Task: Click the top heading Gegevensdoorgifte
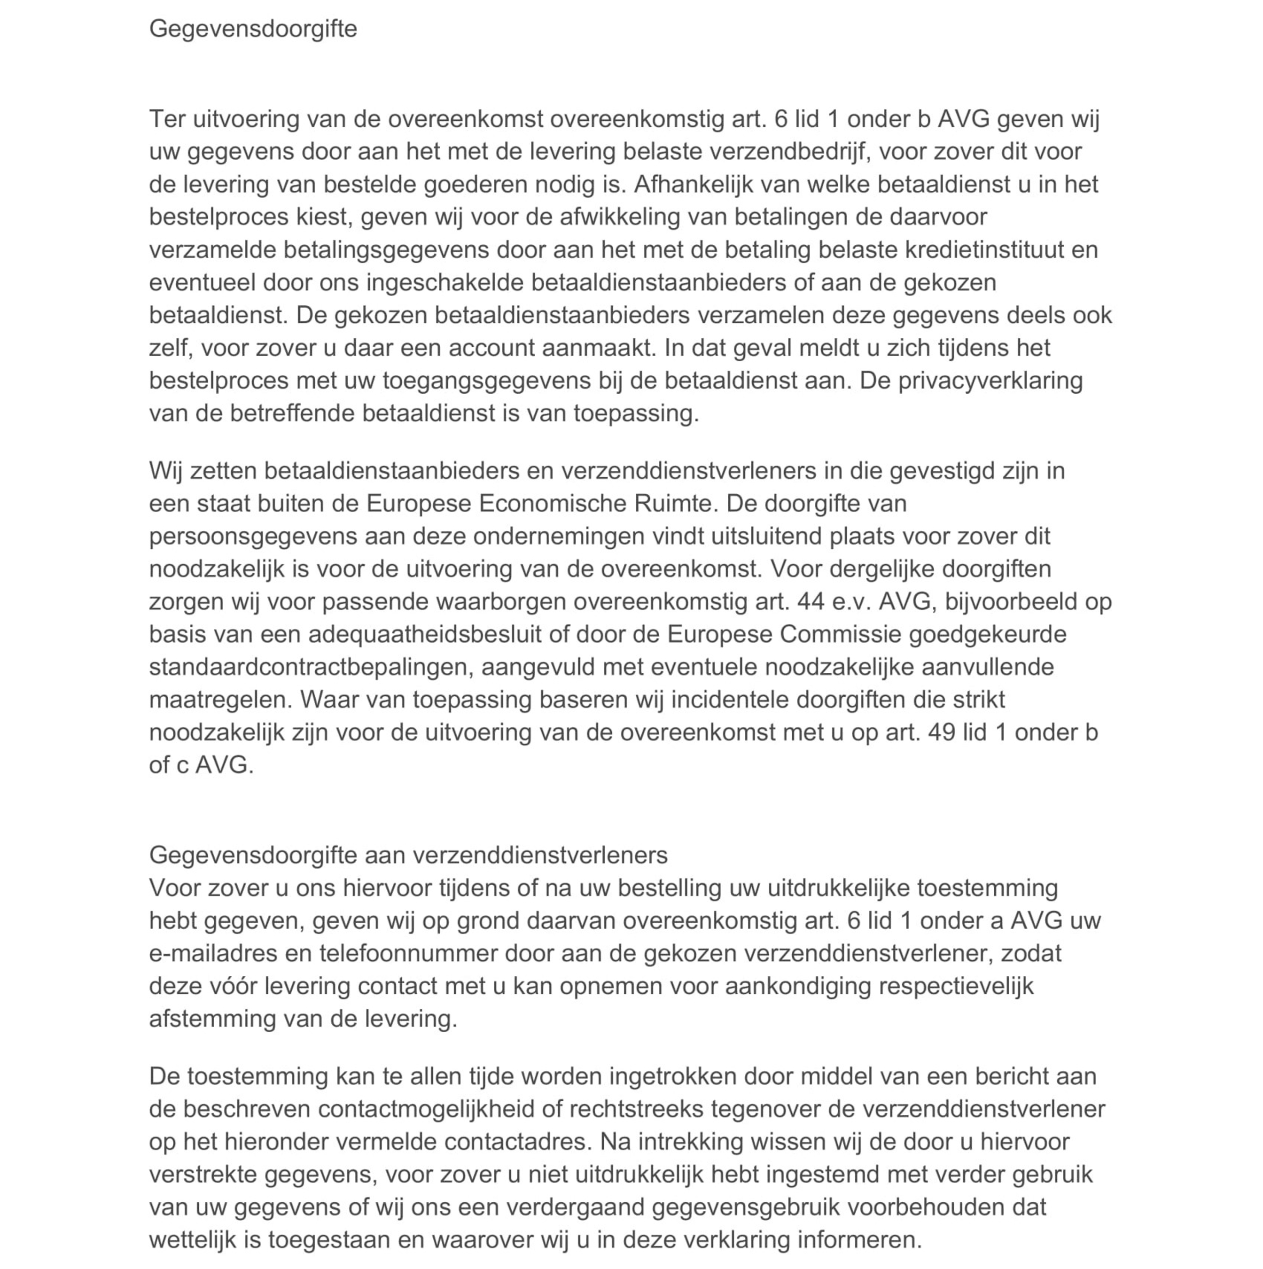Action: (x=253, y=29)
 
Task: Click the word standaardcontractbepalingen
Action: (x=312, y=667)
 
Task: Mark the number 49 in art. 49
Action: (x=941, y=732)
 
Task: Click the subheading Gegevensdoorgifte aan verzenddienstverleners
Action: (x=408, y=855)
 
